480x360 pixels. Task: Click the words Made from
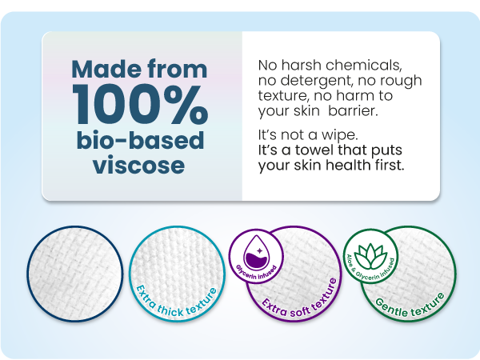pos(140,69)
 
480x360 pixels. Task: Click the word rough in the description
pos(394,81)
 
